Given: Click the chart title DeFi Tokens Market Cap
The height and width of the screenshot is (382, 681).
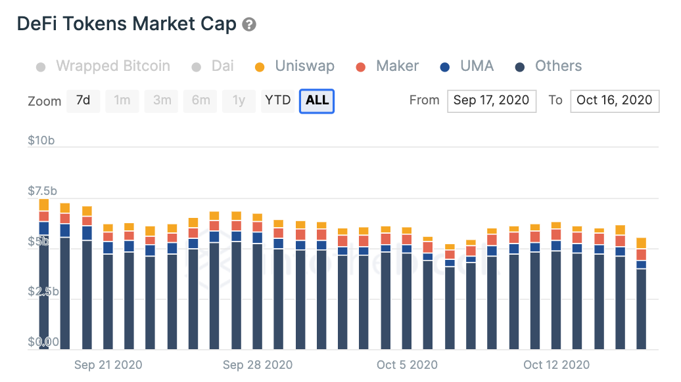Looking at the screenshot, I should click(x=126, y=25).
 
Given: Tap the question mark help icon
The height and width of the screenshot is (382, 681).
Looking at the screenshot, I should click(x=249, y=25).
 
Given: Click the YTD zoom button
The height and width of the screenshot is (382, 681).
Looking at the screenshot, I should click(x=278, y=100).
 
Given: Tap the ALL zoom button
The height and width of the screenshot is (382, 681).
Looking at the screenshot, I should click(x=317, y=100).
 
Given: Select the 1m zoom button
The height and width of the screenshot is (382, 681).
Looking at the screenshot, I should click(x=122, y=100).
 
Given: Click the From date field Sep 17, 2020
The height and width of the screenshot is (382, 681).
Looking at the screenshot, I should click(x=491, y=100).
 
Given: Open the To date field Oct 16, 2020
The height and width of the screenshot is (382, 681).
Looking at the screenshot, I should click(x=614, y=100).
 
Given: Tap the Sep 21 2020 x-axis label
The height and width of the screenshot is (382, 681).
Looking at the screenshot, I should click(x=108, y=364).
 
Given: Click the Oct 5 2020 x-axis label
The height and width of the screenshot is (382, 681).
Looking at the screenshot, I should click(x=408, y=364).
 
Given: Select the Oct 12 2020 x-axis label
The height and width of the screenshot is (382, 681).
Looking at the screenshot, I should click(x=556, y=364).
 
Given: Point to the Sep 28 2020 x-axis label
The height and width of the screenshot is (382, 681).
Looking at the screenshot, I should click(x=258, y=364).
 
